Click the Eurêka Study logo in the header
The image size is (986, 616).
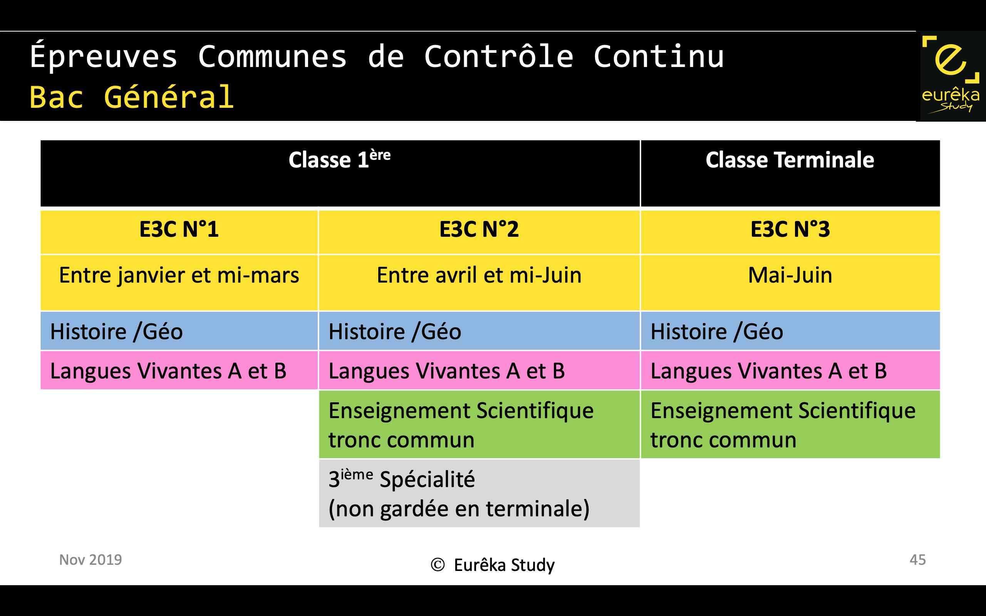tap(951, 76)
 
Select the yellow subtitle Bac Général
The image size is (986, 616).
tap(132, 98)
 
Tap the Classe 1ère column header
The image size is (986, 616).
tap(340, 173)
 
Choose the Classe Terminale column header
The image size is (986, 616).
tap(790, 173)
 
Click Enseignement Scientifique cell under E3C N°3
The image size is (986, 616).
tap(790, 424)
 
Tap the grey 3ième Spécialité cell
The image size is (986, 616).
tap(479, 493)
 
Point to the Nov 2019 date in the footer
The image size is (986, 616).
tap(91, 560)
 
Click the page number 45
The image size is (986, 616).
tap(917, 560)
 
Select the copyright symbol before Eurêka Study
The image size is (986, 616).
tap(438, 565)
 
